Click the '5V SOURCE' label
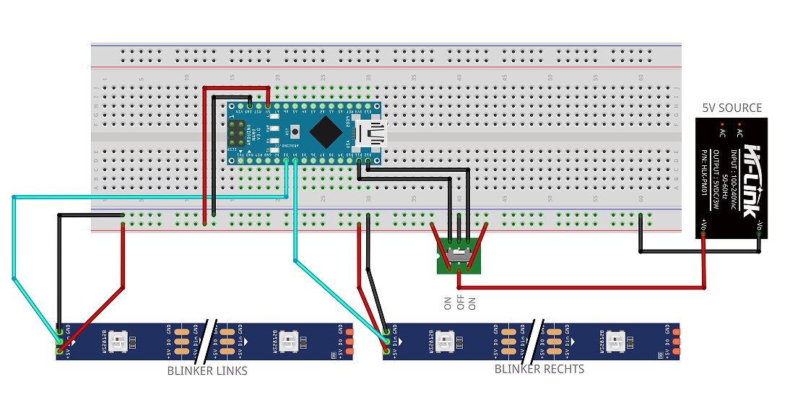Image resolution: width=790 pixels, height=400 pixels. click(732, 108)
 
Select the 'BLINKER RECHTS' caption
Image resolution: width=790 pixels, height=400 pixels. click(539, 369)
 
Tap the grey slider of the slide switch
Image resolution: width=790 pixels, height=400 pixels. click(456, 253)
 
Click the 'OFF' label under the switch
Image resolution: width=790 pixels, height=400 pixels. click(460, 301)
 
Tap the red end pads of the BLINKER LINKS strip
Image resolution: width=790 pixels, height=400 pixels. click(350, 340)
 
